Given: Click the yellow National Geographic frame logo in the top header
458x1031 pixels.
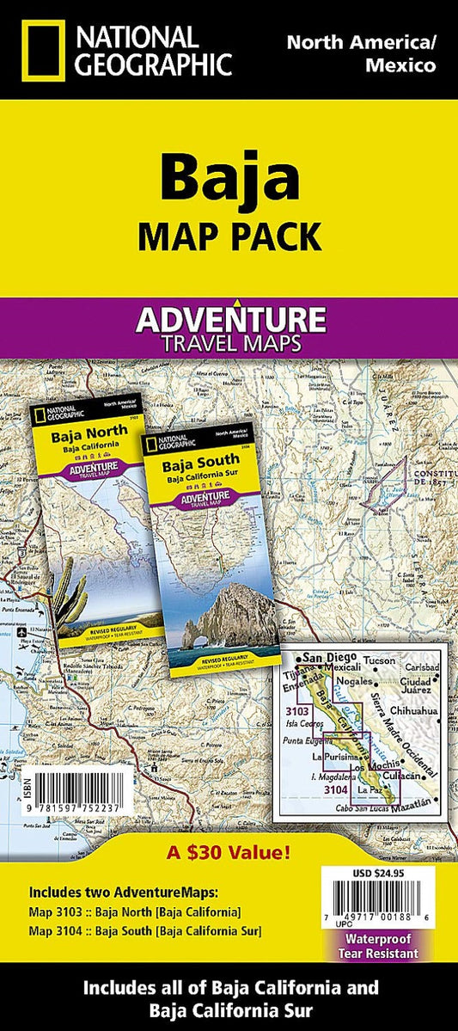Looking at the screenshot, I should point(39,49).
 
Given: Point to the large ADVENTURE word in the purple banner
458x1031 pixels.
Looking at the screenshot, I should point(229,321).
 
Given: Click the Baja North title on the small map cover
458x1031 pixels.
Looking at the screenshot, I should point(77,436).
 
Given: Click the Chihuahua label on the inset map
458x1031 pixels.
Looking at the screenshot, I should point(415,712).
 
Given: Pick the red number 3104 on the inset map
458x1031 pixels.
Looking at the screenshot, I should point(338,789).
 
